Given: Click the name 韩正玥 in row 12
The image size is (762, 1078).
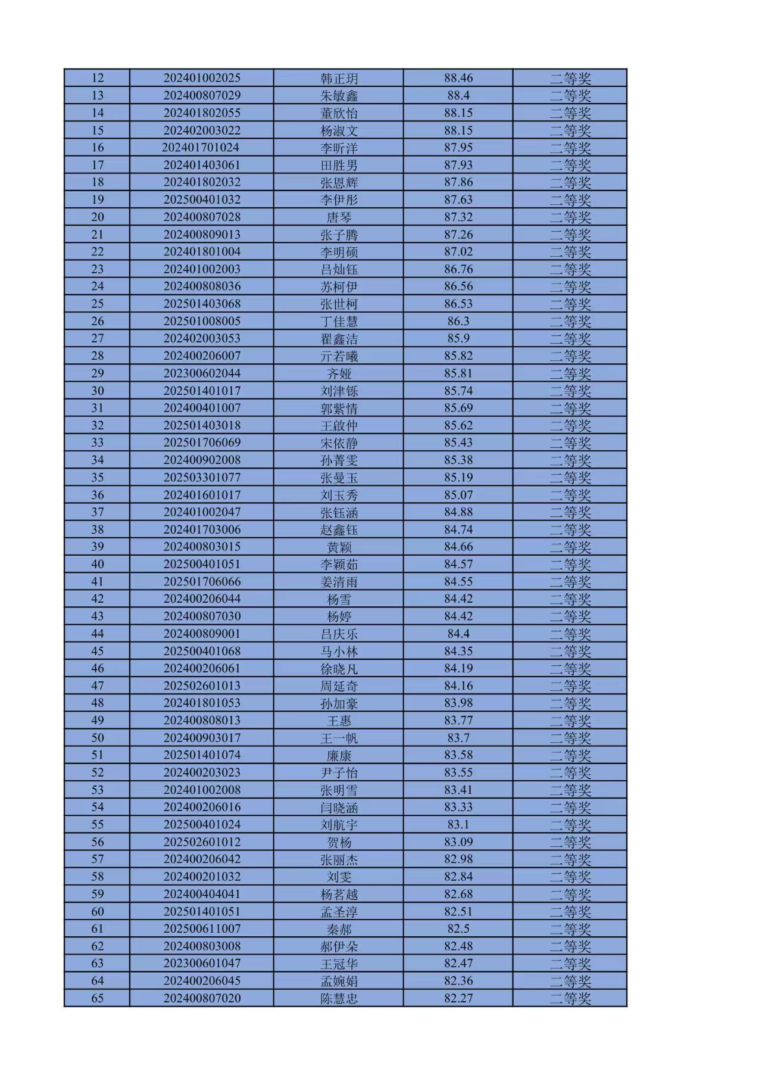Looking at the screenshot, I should (x=339, y=78).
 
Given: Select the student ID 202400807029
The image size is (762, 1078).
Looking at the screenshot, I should (x=202, y=95).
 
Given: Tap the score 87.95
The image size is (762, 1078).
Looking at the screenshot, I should (x=458, y=147).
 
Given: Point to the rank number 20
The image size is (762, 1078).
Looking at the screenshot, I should (x=97, y=217).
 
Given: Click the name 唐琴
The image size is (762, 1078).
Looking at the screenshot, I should (x=339, y=217).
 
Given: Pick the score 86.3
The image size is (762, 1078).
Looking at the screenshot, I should (x=458, y=321).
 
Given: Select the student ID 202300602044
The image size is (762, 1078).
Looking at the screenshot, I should (x=202, y=373).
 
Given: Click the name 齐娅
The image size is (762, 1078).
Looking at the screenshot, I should (x=339, y=373).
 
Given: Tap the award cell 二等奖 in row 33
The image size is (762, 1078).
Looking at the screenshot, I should (x=570, y=443).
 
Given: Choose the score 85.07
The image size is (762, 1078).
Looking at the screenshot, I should (x=458, y=494).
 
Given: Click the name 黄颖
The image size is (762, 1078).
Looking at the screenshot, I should (x=339, y=547).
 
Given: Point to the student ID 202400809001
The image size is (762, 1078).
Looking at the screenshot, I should (x=202, y=633).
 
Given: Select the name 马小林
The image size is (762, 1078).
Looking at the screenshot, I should (x=339, y=651).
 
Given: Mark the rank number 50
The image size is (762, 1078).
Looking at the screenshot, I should (x=97, y=737).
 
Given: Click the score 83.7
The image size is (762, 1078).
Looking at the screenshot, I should (x=458, y=737).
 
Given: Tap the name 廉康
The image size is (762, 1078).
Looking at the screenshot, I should (x=339, y=755).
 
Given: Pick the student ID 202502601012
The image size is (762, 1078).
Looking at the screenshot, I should (x=202, y=842).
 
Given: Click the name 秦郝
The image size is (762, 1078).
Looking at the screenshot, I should (x=339, y=929).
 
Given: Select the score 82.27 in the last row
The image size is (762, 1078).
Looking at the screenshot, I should (x=458, y=998).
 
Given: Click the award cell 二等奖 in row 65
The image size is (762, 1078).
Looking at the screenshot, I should (x=570, y=998).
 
